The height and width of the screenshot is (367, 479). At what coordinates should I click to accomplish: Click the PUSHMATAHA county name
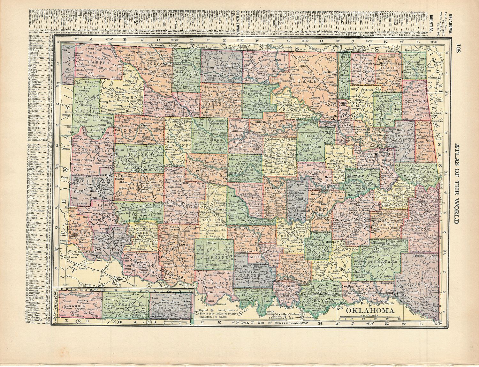click(376, 261)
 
